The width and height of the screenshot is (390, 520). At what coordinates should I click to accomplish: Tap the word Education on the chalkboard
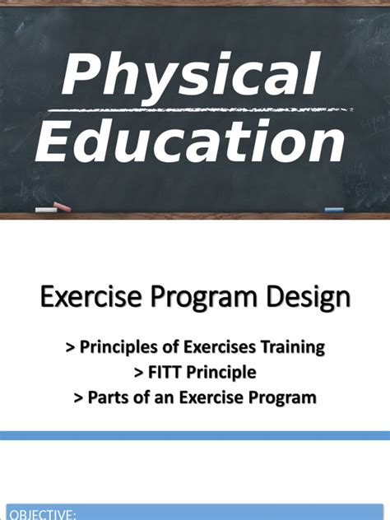(190, 142)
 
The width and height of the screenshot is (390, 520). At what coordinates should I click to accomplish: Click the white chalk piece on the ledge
(47, 209)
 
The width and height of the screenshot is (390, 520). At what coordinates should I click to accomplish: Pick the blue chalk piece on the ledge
(333, 210)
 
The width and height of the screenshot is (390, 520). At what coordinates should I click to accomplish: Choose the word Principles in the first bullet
(116, 348)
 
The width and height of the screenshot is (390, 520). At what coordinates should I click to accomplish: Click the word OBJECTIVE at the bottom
(42, 514)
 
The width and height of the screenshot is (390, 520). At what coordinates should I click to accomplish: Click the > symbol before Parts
(78, 397)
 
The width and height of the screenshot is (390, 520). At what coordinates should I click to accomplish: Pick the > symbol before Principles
(71, 348)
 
